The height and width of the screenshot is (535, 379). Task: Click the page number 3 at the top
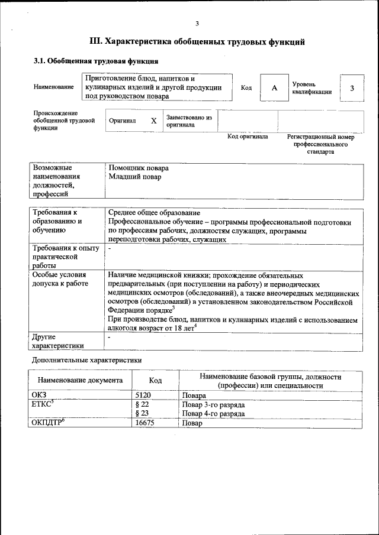click(197, 23)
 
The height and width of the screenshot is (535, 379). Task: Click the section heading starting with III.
click(197, 42)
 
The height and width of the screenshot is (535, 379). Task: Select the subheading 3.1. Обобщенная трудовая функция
click(95, 61)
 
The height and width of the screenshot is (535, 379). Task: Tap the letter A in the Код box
click(274, 88)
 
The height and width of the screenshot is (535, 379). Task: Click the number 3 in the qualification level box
click(352, 88)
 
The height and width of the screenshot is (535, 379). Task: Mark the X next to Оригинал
click(153, 121)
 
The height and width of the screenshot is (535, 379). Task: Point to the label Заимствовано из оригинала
click(189, 121)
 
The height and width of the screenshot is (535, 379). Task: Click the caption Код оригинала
click(248, 137)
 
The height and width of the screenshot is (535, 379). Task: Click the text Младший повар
click(135, 176)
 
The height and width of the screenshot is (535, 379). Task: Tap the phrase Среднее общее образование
click(154, 213)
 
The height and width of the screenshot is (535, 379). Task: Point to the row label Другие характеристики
click(58, 341)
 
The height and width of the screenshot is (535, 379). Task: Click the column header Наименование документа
click(80, 381)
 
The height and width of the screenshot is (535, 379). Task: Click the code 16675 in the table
click(146, 423)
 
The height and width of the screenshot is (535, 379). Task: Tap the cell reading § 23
click(142, 414)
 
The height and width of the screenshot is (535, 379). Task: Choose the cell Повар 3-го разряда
click(214, 405)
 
